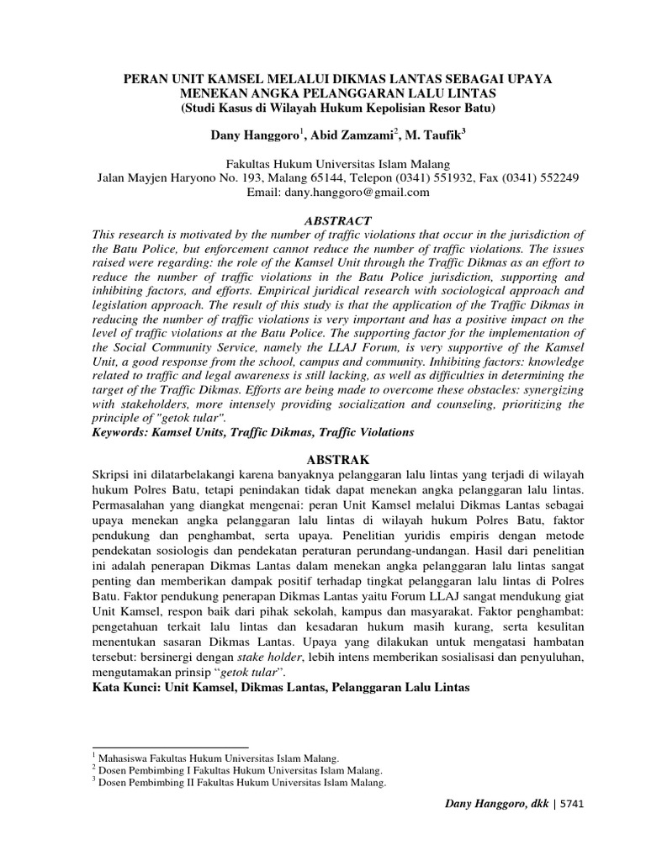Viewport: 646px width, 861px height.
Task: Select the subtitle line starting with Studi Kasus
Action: coord(323,108)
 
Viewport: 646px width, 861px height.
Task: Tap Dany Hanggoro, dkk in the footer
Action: coord(494,806)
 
